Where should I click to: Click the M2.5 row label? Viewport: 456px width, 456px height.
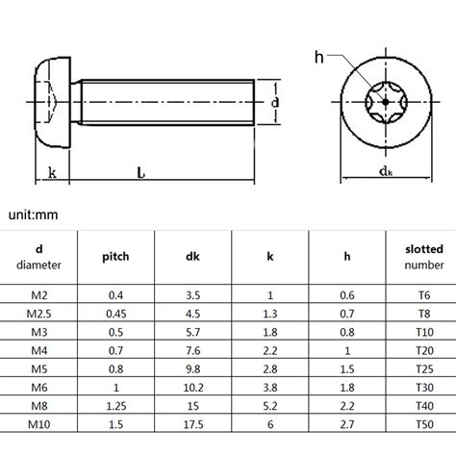[x=38, y=314]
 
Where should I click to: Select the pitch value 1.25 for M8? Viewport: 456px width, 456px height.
[x=115, y=405]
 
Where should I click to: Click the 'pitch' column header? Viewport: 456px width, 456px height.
[x=115, y=257]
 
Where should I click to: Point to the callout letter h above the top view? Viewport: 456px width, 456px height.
[x=318, y=57]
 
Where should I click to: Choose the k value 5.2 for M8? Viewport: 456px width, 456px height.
[x=270, y=405]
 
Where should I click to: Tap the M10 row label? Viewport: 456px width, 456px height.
[x=38, y=423]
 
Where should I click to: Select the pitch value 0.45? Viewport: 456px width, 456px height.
[x=115, y=314]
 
